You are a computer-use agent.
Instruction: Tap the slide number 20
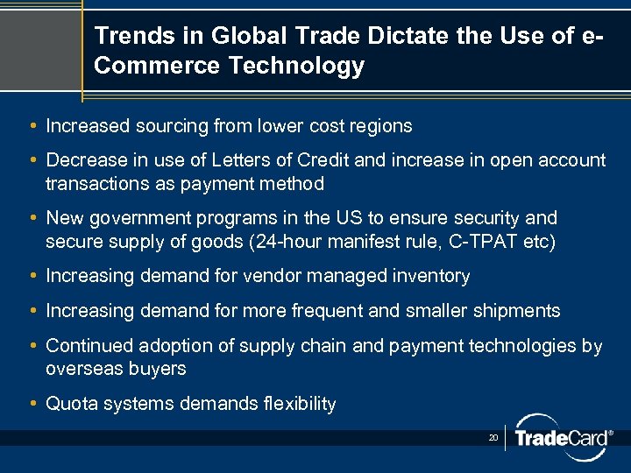click(x=493, y=436)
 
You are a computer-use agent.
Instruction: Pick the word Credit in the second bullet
click(x=323, y=160)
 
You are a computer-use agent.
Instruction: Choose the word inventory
click(x=432, y=276)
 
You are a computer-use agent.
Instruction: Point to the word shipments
click(x=518, y=311)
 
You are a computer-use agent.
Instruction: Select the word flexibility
click(x=298, y=404)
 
